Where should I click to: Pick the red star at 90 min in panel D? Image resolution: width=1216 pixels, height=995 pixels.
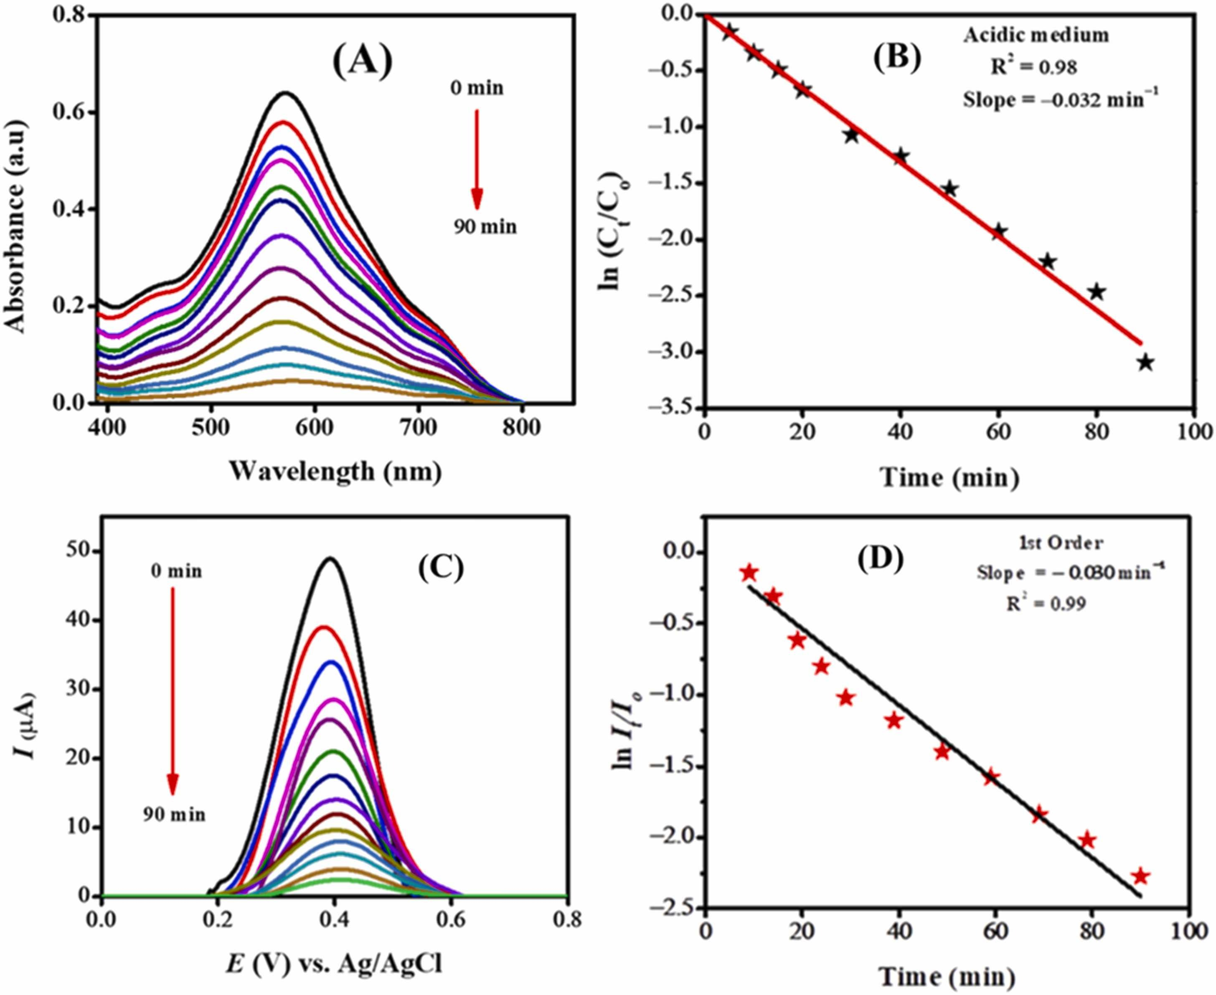tap(1140, 892)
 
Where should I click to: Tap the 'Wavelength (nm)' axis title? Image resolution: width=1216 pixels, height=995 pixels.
tap(336, 472)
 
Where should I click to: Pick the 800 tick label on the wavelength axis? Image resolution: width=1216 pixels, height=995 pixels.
tap(521, 428)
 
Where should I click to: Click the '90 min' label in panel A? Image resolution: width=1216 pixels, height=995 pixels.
tap(486, 227)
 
